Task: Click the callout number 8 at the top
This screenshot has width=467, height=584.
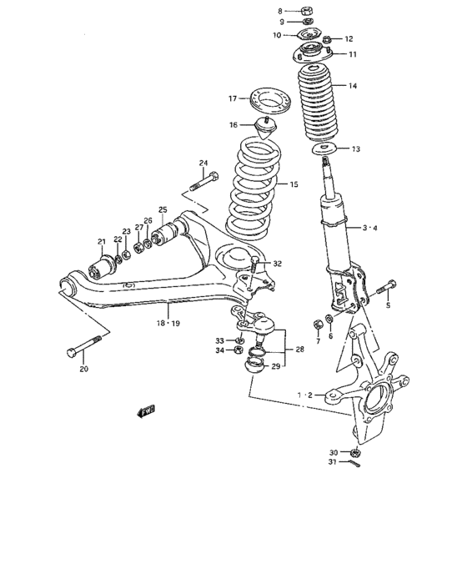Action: (281, 11)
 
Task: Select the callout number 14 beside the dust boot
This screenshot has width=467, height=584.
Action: (353, 86)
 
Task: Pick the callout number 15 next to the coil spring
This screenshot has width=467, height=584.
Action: (293, 185)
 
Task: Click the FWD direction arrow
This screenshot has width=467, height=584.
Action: (148, 410)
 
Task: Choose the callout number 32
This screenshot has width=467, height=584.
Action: (277, 264)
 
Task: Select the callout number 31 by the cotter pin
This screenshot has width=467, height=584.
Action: (332, 462)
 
